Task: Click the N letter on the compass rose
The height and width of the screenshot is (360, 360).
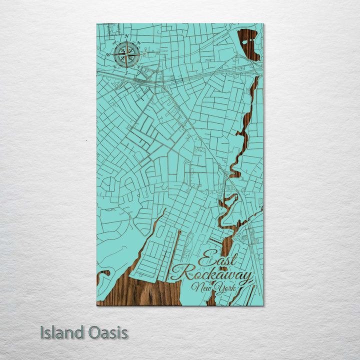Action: click(127, 36)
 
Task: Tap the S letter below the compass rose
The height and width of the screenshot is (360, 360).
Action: click(126, 72)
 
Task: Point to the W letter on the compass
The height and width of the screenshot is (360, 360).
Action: click(108, 54)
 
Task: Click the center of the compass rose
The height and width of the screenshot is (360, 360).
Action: click(126, 54)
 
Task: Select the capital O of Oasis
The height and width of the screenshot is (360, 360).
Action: click(93, 332)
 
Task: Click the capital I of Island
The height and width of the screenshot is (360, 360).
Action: click(42, 332)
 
